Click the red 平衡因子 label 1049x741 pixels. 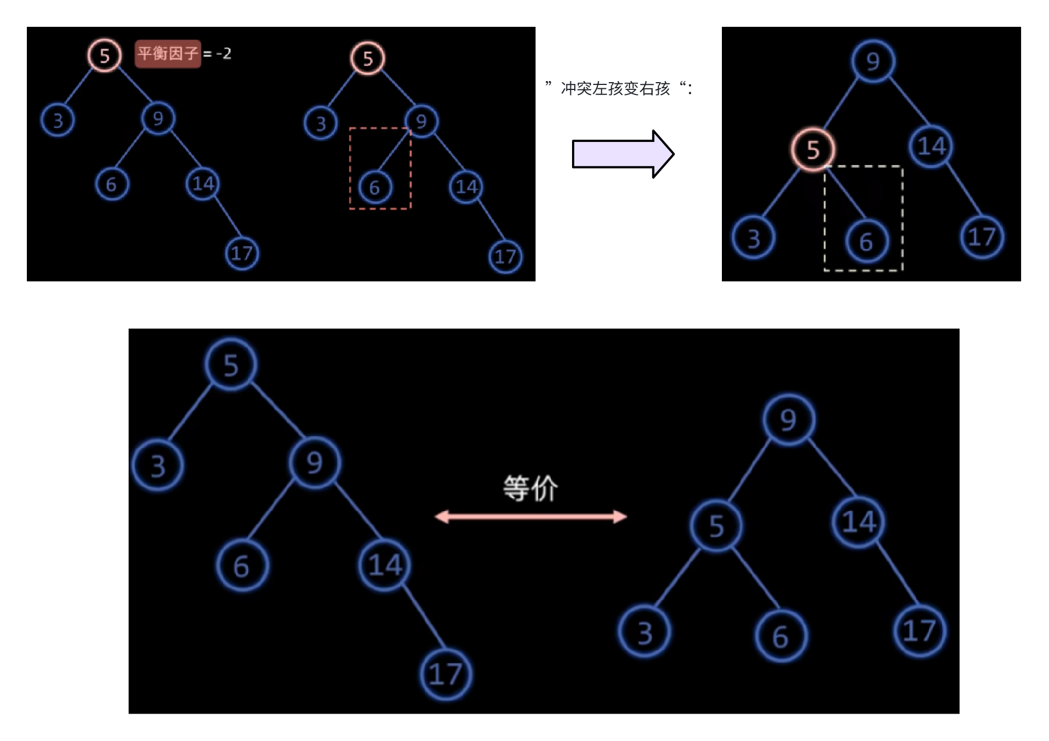167,54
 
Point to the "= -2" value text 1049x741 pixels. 218,54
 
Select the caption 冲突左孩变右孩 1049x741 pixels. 615,88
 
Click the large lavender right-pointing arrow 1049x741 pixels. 622,154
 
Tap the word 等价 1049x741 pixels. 530,488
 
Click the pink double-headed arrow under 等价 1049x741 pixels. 531,516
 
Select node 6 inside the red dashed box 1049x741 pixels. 374,187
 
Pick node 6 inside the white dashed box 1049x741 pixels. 866,241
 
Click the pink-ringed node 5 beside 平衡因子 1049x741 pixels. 104,55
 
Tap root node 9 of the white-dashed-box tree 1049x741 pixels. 872,61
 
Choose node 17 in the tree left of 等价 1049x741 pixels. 446,674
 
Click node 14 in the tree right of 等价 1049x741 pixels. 858,521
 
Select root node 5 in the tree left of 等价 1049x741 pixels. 231,365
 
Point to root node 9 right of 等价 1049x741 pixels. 788,420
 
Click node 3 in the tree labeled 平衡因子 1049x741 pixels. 58,120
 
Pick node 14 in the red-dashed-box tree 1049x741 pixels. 466,186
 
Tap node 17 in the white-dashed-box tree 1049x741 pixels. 982,237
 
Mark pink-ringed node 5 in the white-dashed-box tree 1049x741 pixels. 812,149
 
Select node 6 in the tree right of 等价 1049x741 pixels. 780,636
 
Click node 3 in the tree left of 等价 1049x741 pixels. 158,465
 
